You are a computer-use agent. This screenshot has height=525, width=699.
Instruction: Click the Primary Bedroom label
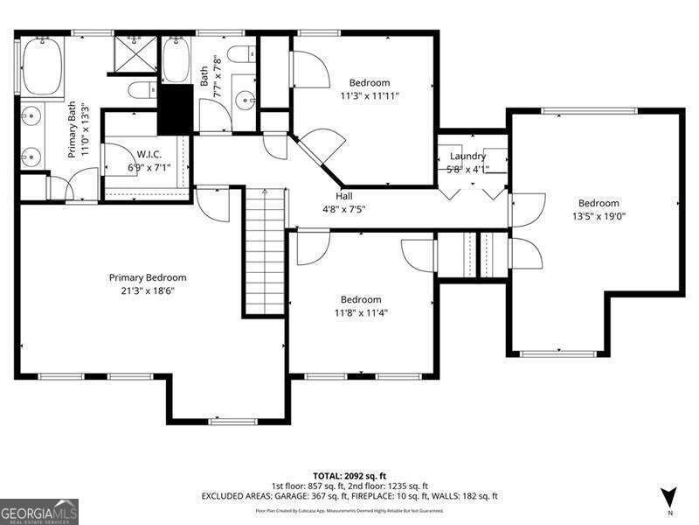pyautogui.click(x=148, y=277)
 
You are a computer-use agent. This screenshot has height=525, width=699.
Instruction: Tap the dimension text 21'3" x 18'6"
pyautogui.click(x=148, y=291)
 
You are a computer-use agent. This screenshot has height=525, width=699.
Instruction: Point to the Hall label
pyautogui.click(x=344, y=196)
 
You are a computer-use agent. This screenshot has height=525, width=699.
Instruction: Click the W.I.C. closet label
pyautogui.click(x=145, y=153)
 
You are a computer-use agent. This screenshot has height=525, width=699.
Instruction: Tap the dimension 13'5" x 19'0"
pyautogui.click(x=599, y=216)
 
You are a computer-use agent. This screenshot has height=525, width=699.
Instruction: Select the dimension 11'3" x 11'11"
pyautogui.click(x=370, y=96)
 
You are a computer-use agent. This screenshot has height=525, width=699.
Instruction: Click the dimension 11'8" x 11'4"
pyautogui.click(x=361, y=312)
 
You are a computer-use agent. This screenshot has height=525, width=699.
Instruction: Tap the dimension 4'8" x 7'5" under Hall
pyautogui.click(x=344, y=209)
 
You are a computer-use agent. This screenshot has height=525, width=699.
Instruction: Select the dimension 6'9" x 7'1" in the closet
pyautogui.click(x=145, y=167)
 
